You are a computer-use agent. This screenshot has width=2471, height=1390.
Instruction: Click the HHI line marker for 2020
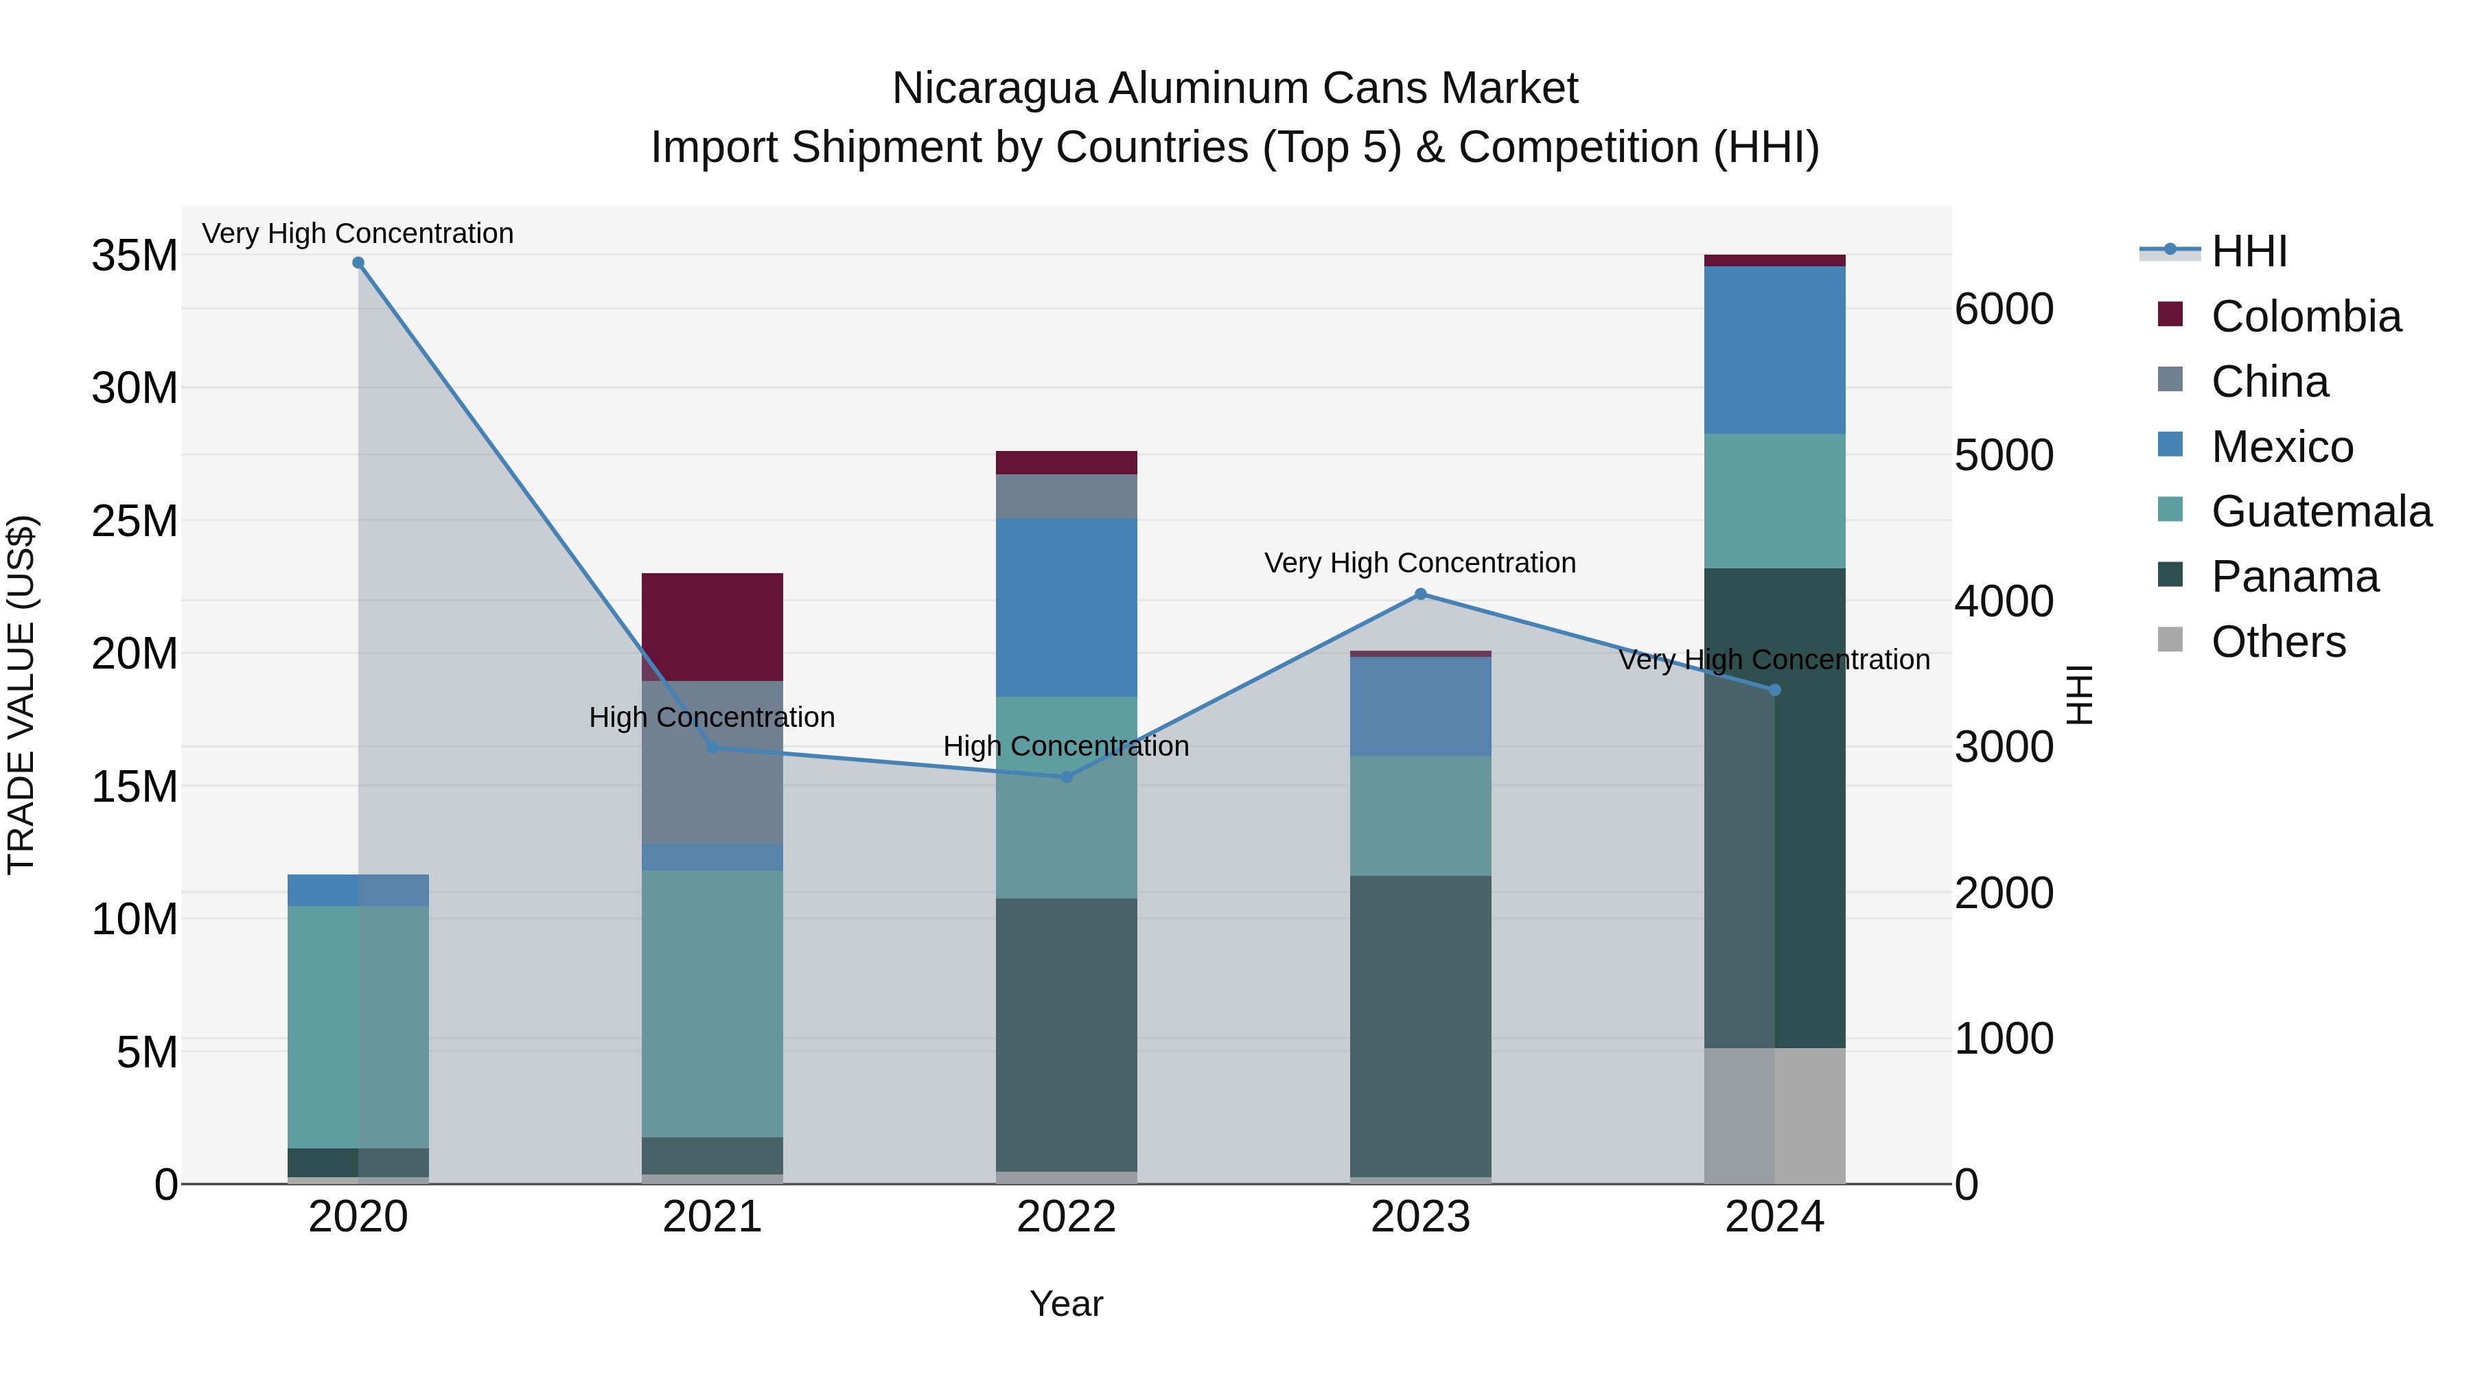tap(358, 263)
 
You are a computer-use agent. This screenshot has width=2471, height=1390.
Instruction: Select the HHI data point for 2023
tap(1421, 594)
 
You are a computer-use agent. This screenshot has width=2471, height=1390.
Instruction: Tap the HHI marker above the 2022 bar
tap(1066, 777)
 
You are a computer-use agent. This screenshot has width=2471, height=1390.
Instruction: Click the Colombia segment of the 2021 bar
tap(712, 627)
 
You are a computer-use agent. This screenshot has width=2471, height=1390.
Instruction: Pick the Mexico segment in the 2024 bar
tap(1774, 350)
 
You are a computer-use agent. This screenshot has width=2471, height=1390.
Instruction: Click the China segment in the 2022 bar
tap(1066, 496)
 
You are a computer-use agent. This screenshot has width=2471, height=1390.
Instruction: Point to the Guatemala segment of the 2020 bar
tap(358, 1026)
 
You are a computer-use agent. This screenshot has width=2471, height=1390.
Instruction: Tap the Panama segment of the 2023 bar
tap(1421, 1026)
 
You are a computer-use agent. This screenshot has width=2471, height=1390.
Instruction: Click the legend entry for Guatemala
tap(2321, 511)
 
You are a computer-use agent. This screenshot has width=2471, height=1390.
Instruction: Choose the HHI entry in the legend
tap(2249, 251)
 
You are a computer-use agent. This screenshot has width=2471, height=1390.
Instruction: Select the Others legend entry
tap(2277, 642)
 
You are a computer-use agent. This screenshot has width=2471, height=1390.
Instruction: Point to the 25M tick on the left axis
tap(135, 521)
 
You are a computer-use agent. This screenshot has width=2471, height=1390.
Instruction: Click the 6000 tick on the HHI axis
tap(2004, 309)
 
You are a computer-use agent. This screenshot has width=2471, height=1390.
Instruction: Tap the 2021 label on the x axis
tap(712, 1217)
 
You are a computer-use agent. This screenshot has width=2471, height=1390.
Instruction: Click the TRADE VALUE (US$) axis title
tap(21, 695)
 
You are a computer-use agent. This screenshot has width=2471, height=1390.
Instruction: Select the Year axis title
tap(1066, 1304)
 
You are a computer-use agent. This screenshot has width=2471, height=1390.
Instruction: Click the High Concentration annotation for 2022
tap(1066, 745)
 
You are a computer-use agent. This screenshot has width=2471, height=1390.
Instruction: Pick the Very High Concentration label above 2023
tap(1419, 562)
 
